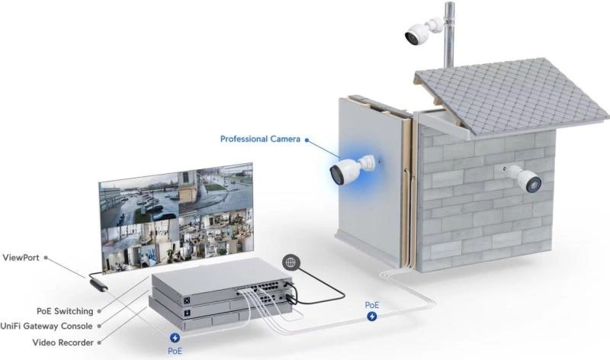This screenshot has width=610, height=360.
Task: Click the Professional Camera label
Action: tap(260, 139)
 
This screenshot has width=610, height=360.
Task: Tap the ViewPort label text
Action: tap(21, 258)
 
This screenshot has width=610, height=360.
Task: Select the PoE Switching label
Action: tap(65, 311)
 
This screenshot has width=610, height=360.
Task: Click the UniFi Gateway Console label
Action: tap(47, 326)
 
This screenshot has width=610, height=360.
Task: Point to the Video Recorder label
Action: tap(63, 342)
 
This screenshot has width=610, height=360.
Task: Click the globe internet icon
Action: tap(291, 262)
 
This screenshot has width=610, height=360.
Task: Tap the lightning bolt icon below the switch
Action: tap(175, 338)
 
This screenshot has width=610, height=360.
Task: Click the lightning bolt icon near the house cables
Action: tap(372, 317)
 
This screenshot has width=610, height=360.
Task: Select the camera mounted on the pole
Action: tap(422, 31)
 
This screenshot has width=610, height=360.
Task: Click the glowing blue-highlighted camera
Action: tap(353, 169)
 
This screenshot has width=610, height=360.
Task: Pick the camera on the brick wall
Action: tap(522, 178)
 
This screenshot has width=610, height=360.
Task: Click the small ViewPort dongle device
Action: tap(98, 284)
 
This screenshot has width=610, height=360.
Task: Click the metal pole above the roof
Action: tap(449, 36)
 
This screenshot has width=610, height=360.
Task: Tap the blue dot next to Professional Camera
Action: tap(307, 140)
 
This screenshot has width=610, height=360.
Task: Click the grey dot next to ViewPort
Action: tap(46, 258)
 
